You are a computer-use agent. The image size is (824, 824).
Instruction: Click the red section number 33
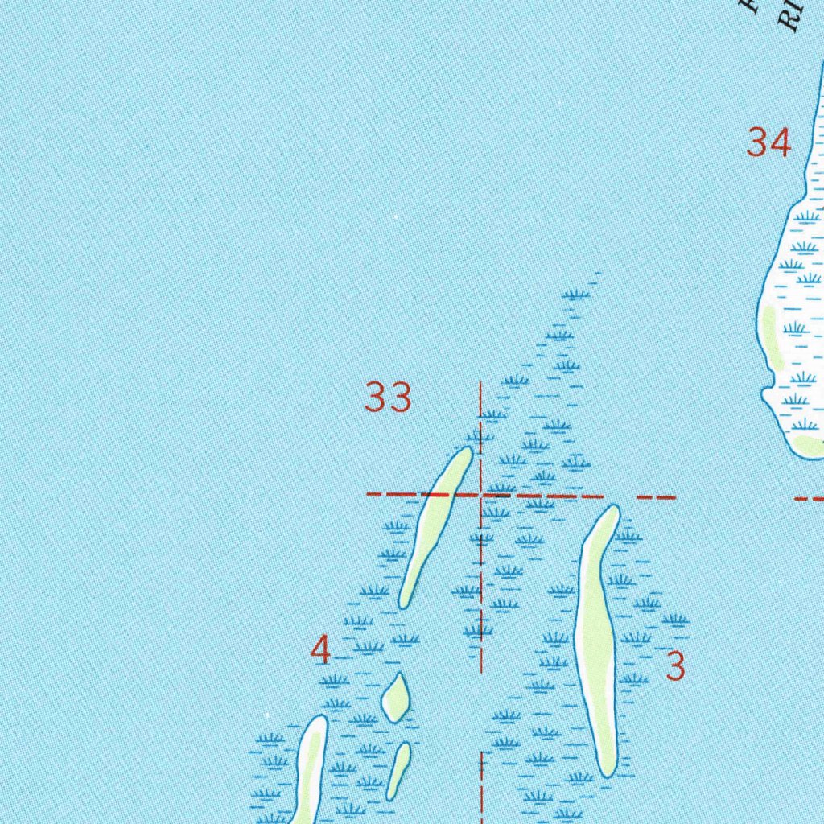pos(388,398)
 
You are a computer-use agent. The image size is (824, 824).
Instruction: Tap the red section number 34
pos(768,143)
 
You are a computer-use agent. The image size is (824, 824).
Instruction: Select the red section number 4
pos(320,650)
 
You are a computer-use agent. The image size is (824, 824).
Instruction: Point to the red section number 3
pos(675,665)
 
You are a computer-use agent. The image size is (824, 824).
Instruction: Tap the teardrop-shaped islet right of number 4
pos(395,697)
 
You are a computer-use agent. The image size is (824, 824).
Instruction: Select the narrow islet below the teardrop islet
pos(398,770)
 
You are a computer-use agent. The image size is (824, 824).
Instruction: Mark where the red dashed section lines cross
pos(481,495)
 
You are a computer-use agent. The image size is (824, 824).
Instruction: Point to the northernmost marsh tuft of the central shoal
pos(575,295)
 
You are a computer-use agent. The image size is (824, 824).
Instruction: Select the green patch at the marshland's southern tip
pos(809,445)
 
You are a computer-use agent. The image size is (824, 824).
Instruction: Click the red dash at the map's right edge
pos(809,499)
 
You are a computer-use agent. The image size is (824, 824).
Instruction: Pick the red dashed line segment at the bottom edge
pos(481,789)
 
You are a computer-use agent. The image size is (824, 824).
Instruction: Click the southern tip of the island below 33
pos(404,603)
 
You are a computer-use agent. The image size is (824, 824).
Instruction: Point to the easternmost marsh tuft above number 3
pos(675,619)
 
